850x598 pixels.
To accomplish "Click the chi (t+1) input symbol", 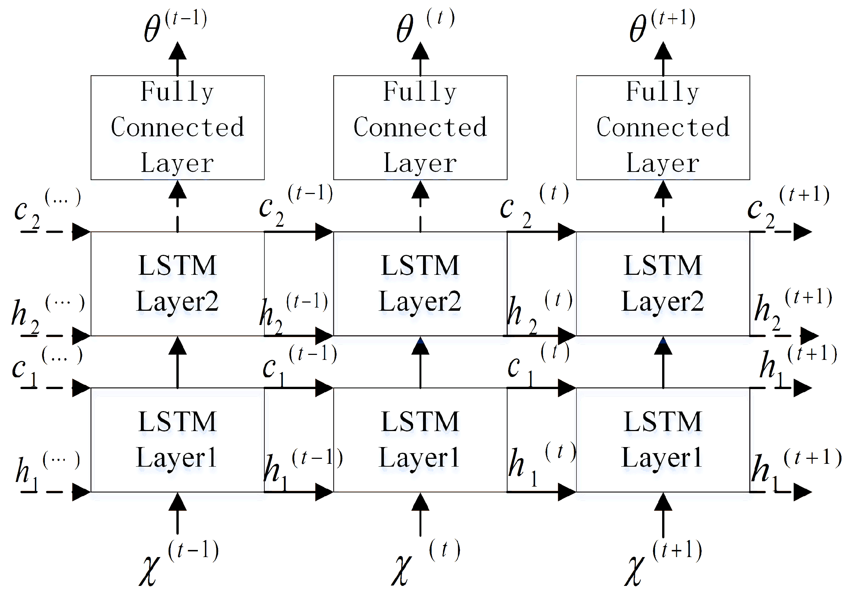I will [663, 565].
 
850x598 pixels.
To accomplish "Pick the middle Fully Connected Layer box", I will [420, 128].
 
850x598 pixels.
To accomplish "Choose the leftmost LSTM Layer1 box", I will [178, 440].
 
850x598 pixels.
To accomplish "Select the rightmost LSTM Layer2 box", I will [663, 284].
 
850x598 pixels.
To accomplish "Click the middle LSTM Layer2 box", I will [420, 284].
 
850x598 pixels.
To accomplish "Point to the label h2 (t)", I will [539, 311].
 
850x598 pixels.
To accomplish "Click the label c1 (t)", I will [537, 365].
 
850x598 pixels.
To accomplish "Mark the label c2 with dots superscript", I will [46, 209].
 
